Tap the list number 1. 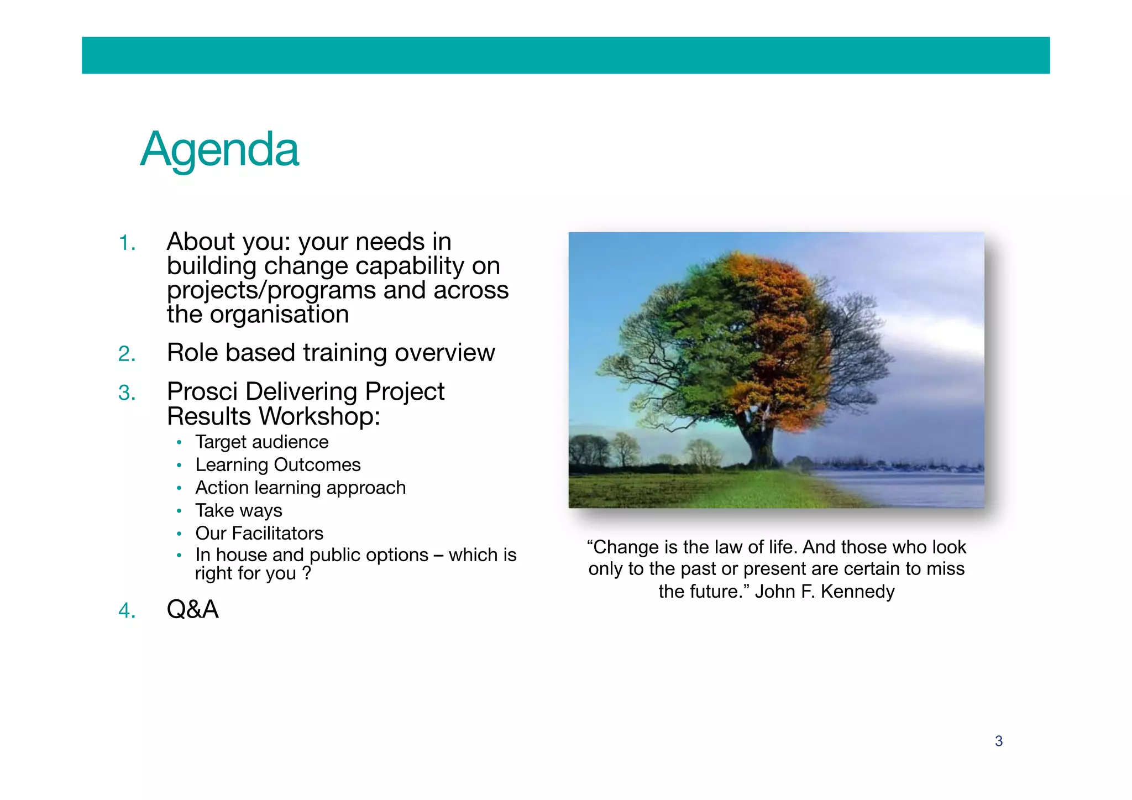click(127, 243)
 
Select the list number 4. click(127, 611)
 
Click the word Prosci click(203, 391)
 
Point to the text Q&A click(192, 609)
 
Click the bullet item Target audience click(261, 442)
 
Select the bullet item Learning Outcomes click(277, 465)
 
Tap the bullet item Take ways click(238, 510)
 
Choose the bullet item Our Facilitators click(259, 533)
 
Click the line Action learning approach click(300, 488)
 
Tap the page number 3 click(998, 741)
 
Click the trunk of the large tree click(760, 442)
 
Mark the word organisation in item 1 click(279, 315)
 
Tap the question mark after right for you click(306, 573)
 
